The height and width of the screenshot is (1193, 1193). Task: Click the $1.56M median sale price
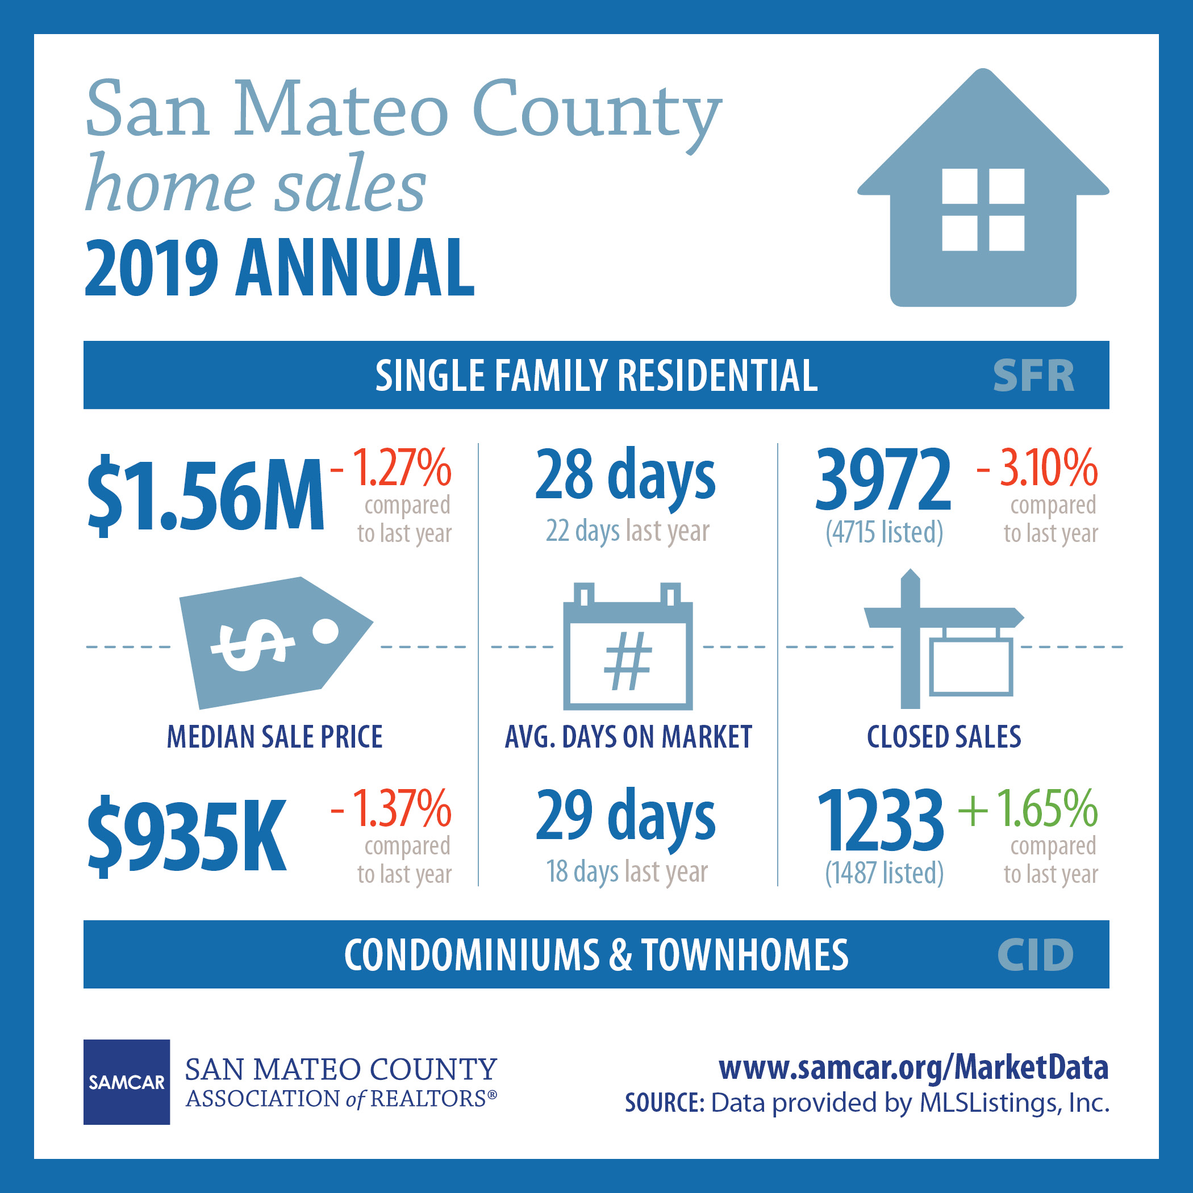click(206, 495)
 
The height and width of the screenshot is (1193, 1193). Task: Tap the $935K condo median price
click(187, 836)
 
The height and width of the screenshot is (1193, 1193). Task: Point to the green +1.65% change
click(1028, 808)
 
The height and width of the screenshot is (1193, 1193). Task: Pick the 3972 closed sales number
click(883, 480)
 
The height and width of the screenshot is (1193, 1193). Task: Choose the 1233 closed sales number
click(881, 820)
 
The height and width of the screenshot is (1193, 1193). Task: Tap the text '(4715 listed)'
click(885, 532)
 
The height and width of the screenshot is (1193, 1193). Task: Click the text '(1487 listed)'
click(885, 873)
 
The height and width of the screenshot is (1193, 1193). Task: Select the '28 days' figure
click(625, 476)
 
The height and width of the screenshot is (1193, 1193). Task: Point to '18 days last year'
click(627, 872)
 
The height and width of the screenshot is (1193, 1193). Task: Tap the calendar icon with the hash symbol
click(628, 646)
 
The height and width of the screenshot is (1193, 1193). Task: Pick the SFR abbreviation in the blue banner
click(1034, 376)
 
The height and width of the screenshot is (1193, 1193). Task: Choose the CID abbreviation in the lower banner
click(1036, 954)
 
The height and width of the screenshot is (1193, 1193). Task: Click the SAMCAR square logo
click(127, 1082)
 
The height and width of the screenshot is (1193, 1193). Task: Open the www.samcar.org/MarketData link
click(913, 1067)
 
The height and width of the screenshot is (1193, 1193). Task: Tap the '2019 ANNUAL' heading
click(279, 268)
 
